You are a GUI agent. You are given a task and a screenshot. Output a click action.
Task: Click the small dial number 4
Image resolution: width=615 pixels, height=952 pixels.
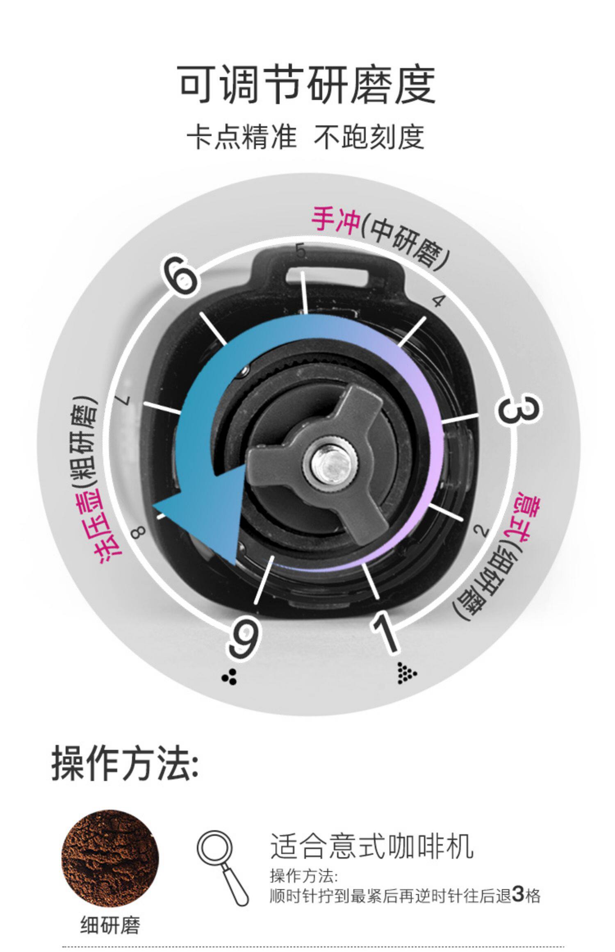coord(438,301)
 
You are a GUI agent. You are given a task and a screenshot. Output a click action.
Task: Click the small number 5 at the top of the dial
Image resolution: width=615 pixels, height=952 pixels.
coord(301,251)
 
